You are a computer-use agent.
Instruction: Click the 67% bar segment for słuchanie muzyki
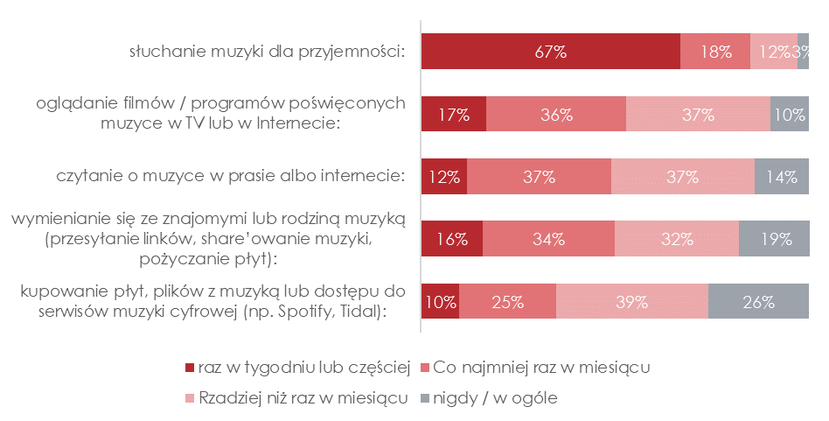(x=551, y=52)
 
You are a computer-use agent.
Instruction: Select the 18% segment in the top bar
(x=715, y=52)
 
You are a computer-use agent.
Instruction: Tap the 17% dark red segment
(x=454, y=114)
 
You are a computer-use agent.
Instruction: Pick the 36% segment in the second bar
(x=556, y=114)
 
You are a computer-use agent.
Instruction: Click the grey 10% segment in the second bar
(x=789, y=114)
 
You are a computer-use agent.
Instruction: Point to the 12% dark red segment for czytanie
(x=444, y=177)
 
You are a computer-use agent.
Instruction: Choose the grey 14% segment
(x=781, y=177)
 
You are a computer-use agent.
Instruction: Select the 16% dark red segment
(x=452, y=239)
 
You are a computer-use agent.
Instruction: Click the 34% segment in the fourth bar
(x=548, y=239)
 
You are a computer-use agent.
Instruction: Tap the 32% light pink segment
(x=677, y=239)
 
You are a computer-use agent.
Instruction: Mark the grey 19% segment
(x=774, y=239)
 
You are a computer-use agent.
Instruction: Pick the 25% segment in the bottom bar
(x=507, y=303)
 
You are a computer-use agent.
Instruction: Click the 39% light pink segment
(x=631, y=303)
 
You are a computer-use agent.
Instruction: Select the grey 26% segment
(x=758, y=303)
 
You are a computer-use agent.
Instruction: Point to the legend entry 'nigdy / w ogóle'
(x=499, y=398)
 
